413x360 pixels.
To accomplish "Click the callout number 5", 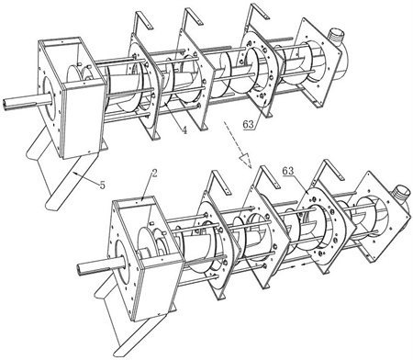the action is click(102, 185).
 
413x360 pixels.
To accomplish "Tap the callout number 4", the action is click(184, 130).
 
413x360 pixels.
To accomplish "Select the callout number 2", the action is click(154, 174).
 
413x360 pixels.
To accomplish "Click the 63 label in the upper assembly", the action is click(249, 124).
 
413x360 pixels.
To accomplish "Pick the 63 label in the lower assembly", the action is click(288, 171).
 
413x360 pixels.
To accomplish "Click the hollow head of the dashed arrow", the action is click(245, 159).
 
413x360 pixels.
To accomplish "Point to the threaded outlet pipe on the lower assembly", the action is click(401, 194).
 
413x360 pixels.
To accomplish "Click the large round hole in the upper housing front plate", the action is click(50, 99).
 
